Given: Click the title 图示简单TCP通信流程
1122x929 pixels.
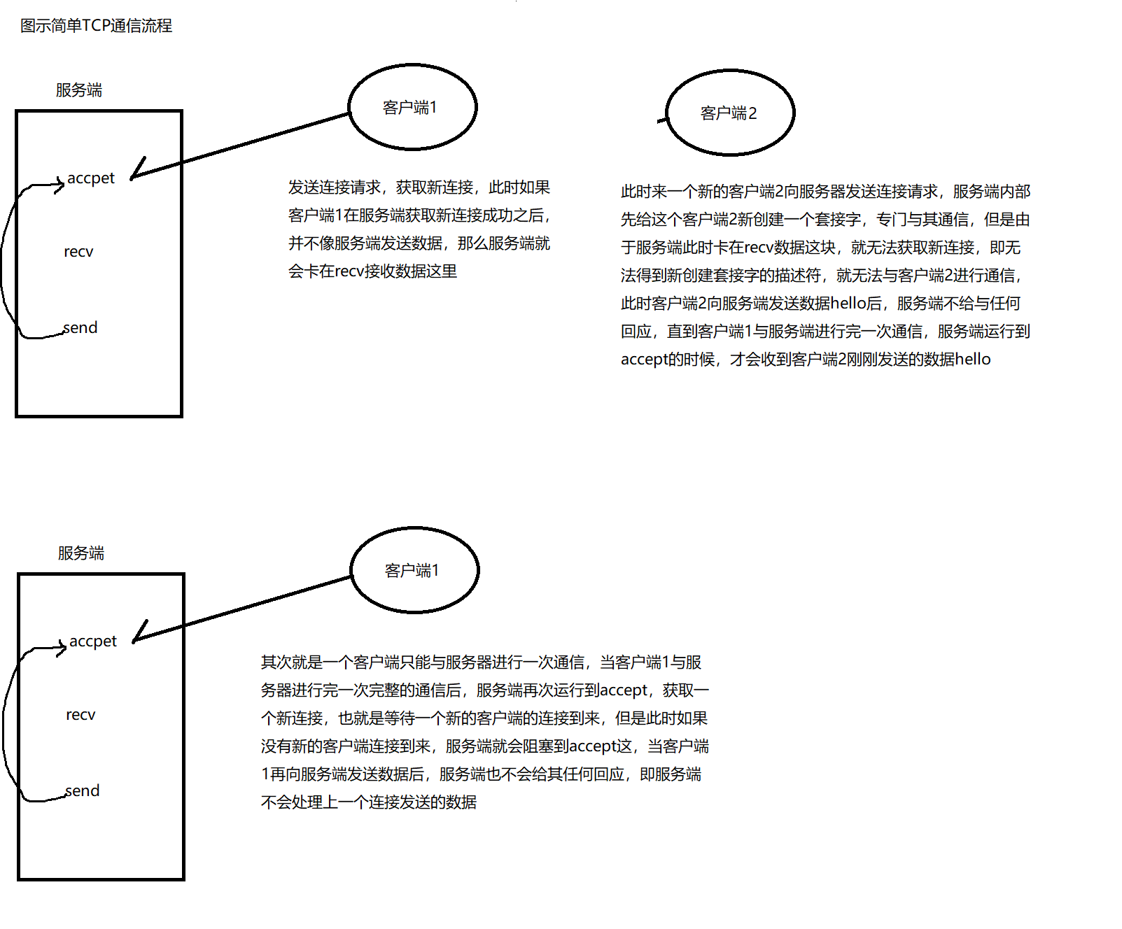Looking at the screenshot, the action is pos(96,26).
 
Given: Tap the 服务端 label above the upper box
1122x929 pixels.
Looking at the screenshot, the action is pos(79,90).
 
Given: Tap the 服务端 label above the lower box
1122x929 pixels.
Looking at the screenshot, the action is pos(81,553).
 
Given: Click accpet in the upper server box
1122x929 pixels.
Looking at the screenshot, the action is pos(90,178).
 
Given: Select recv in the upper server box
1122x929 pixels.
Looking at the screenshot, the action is pos(78,252).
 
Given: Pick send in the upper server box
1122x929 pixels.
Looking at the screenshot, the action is pos(80,327).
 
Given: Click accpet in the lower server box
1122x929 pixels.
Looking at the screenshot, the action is pos(92,641).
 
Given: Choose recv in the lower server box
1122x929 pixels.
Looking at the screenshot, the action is pos(80,715).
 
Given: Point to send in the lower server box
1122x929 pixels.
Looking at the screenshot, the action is pos(83,790).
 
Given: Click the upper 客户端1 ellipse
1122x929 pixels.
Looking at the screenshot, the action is pos(412,107).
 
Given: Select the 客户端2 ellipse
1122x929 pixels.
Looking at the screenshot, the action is pos(729,113).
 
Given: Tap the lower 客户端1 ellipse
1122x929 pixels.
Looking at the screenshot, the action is pos(414,570).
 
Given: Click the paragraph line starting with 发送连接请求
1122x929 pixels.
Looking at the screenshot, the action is pos(419,187).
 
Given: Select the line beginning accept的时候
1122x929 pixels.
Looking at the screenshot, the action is pos(805,360).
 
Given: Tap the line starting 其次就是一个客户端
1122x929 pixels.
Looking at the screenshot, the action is pos(481,662).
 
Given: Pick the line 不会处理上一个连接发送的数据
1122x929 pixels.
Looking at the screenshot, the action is pos(368,802).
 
